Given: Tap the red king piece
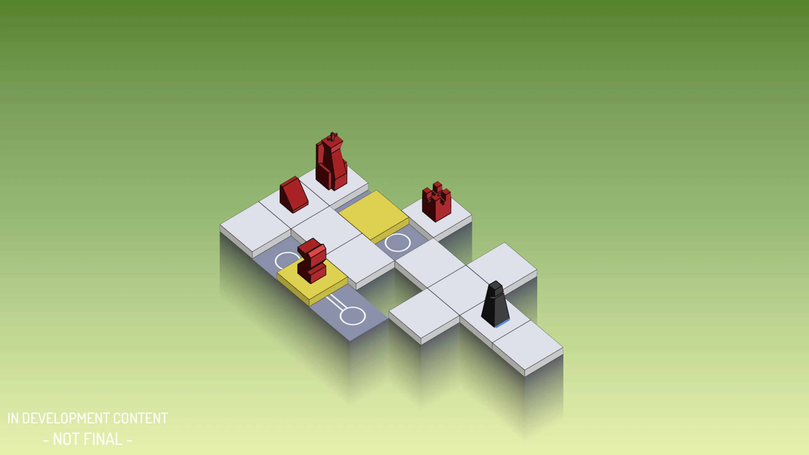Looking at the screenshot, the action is pos(331,163).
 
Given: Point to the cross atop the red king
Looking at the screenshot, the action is pos(333,137).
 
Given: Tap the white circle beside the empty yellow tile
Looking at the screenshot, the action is pos(398,243).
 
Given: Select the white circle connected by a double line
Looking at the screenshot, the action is pos(353,316).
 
